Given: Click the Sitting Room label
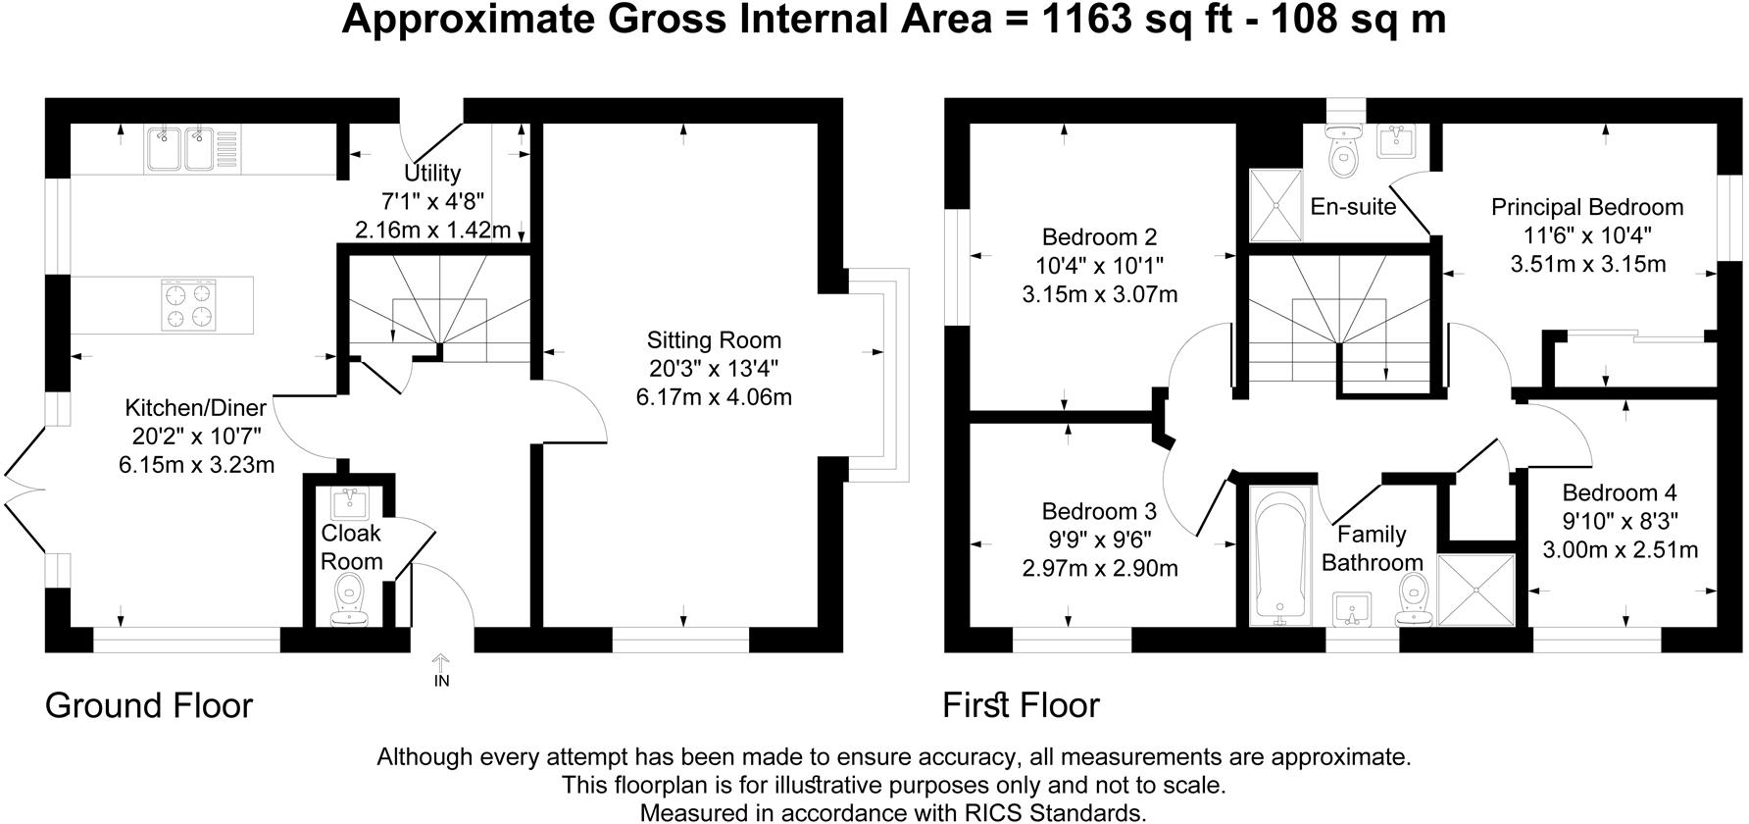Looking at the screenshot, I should point(714,340).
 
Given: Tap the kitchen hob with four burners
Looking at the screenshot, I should point(187,304).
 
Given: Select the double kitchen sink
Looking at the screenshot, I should point(179,149).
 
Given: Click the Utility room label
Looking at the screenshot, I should point(432,174).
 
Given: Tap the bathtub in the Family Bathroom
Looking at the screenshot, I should point(1280,556).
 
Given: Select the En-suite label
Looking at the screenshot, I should point(1353,207).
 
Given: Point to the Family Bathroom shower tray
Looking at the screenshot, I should point(1475,590).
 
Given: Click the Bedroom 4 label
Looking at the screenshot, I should point(1620,493).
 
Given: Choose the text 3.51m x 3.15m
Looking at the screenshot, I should point(1587,264).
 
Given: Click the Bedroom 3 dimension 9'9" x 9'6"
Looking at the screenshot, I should point(1099,539).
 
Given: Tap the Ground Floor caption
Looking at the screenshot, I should point(149,705).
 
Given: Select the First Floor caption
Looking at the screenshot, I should point(1021,705).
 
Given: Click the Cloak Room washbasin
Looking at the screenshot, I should point(350,505).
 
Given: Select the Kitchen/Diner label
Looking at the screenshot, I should point(196,408).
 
